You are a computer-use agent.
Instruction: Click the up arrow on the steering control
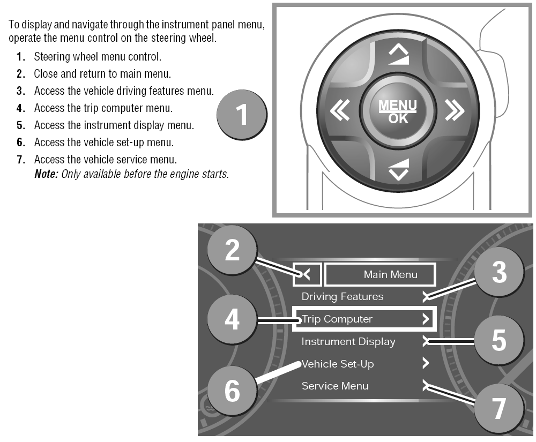coord(399,55)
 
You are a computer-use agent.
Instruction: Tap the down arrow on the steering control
coord(399,169)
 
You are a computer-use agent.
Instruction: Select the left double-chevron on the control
coord(340,110)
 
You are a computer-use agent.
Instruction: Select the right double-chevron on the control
coord(455,110)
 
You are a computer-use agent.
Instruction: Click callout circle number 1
coord(242,115)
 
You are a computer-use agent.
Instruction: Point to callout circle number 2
coord(232,250)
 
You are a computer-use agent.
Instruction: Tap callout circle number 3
coord(499,272)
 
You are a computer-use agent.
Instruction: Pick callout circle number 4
coord(232,320)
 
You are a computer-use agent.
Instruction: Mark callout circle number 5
coord(499,340)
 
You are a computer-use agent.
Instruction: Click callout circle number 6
coord(232,391)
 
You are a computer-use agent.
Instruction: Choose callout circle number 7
coord(499,408)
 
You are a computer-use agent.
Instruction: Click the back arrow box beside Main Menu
coord(307,274)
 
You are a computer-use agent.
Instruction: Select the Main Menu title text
coord(390,274)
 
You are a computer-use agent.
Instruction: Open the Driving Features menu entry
coord(342,296)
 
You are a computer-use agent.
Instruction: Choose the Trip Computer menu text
coord(337,319)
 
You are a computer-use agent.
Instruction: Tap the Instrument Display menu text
coord(348,342)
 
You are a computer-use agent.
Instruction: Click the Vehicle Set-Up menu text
coord(338,364)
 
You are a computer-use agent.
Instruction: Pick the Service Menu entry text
coord(335,386)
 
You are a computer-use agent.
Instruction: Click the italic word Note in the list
coord(46,174)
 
